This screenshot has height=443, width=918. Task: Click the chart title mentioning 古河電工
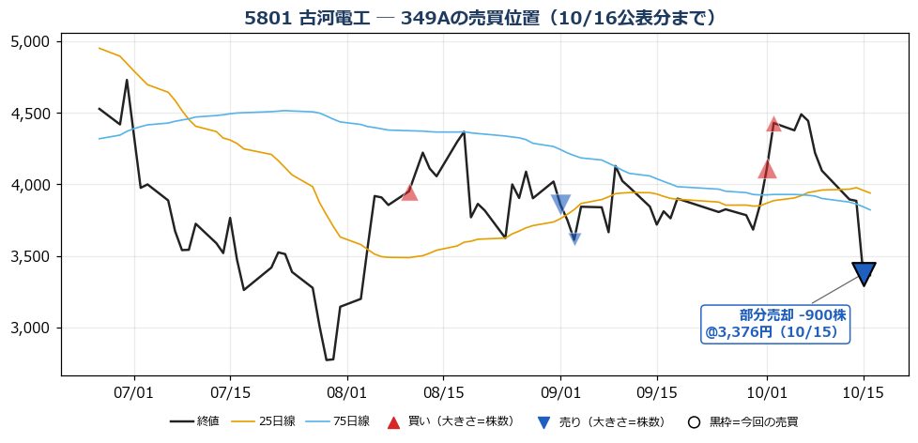(x=480, y=18)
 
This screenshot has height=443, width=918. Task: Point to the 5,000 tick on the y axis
(x=35, y=42)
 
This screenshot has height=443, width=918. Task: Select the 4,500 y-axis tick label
(x=35, y=114)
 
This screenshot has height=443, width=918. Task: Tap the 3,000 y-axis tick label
(x=35, y=328)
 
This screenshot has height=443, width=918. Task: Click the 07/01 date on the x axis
(x=134, y=390)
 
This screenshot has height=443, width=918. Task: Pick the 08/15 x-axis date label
(x=443, y=390)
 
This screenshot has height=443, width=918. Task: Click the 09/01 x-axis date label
(x=561, y=390)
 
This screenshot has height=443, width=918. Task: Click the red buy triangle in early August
(x=409, y=193)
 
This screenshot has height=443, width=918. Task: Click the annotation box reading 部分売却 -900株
(x=776, y=324)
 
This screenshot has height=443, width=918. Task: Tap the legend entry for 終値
(x=194, y=421)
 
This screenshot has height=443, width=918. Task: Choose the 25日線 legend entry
(x=265, y=421)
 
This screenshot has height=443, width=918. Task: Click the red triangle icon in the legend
(x=393, y=422)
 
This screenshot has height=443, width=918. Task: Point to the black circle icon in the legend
(x=694, y=422)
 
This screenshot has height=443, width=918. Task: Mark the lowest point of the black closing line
(x=327, y=359)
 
